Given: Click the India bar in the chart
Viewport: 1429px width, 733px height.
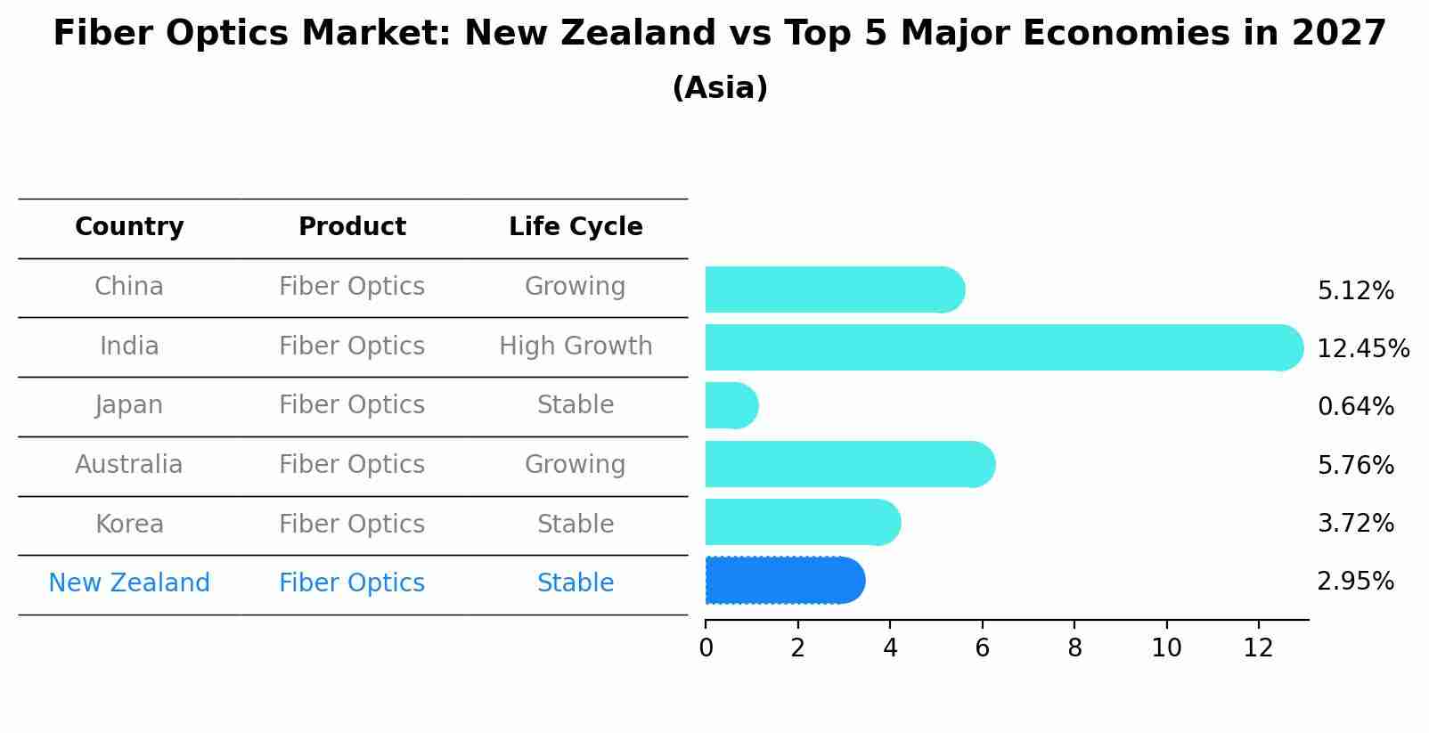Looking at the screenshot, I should coord(1002,347).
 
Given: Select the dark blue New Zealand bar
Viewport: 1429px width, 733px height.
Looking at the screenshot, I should coord(784,581).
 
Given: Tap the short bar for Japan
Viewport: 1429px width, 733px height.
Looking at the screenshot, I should coord(731,406).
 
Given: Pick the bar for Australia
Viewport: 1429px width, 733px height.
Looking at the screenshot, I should coord(848,464).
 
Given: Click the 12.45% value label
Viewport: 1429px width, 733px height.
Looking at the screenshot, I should coord(1362,348).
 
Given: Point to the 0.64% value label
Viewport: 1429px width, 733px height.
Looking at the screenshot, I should coord(1355,407).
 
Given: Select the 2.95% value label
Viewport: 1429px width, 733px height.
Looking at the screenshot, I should coord(1355,582).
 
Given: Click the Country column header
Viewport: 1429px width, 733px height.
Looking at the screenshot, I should coord(129,227).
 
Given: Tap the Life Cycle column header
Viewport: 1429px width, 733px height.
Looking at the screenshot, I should coord(576,227).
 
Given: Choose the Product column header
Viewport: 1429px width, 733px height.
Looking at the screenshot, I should coord(352,227).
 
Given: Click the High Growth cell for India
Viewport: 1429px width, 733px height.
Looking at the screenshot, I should coord(576,346).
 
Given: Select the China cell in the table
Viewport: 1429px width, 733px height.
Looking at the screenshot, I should coord(129,287).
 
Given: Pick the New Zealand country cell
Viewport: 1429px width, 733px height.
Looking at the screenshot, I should coord(129,583).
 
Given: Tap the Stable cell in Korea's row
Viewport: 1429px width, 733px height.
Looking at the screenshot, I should coord(576,525).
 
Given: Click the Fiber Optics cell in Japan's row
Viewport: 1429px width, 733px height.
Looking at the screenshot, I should coord(352,405).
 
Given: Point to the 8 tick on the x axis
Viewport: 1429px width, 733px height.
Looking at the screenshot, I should coord(1074,648).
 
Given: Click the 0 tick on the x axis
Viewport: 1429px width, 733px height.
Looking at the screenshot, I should coord(706,648).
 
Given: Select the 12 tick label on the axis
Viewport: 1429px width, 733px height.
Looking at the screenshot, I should coord(1258,648).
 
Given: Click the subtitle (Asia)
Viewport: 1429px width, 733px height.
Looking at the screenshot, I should coord(720,88).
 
